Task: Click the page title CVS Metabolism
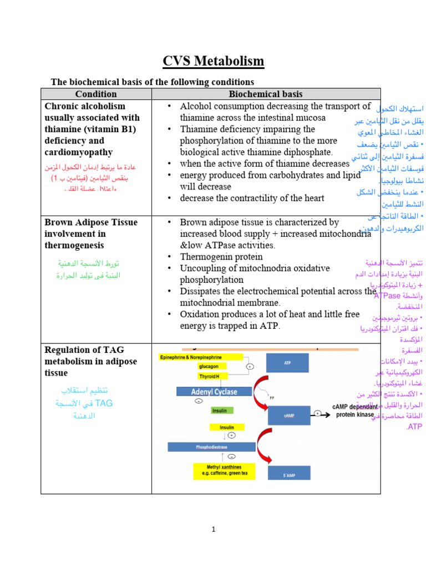pos(213,61)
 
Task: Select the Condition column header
pos(96,94)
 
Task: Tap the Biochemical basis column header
pos(266,94)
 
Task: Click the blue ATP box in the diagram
pos(287,363)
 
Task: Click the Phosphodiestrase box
pos(211,447)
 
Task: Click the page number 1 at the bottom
pos(213,530)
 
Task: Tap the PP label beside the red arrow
pos(272,398)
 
